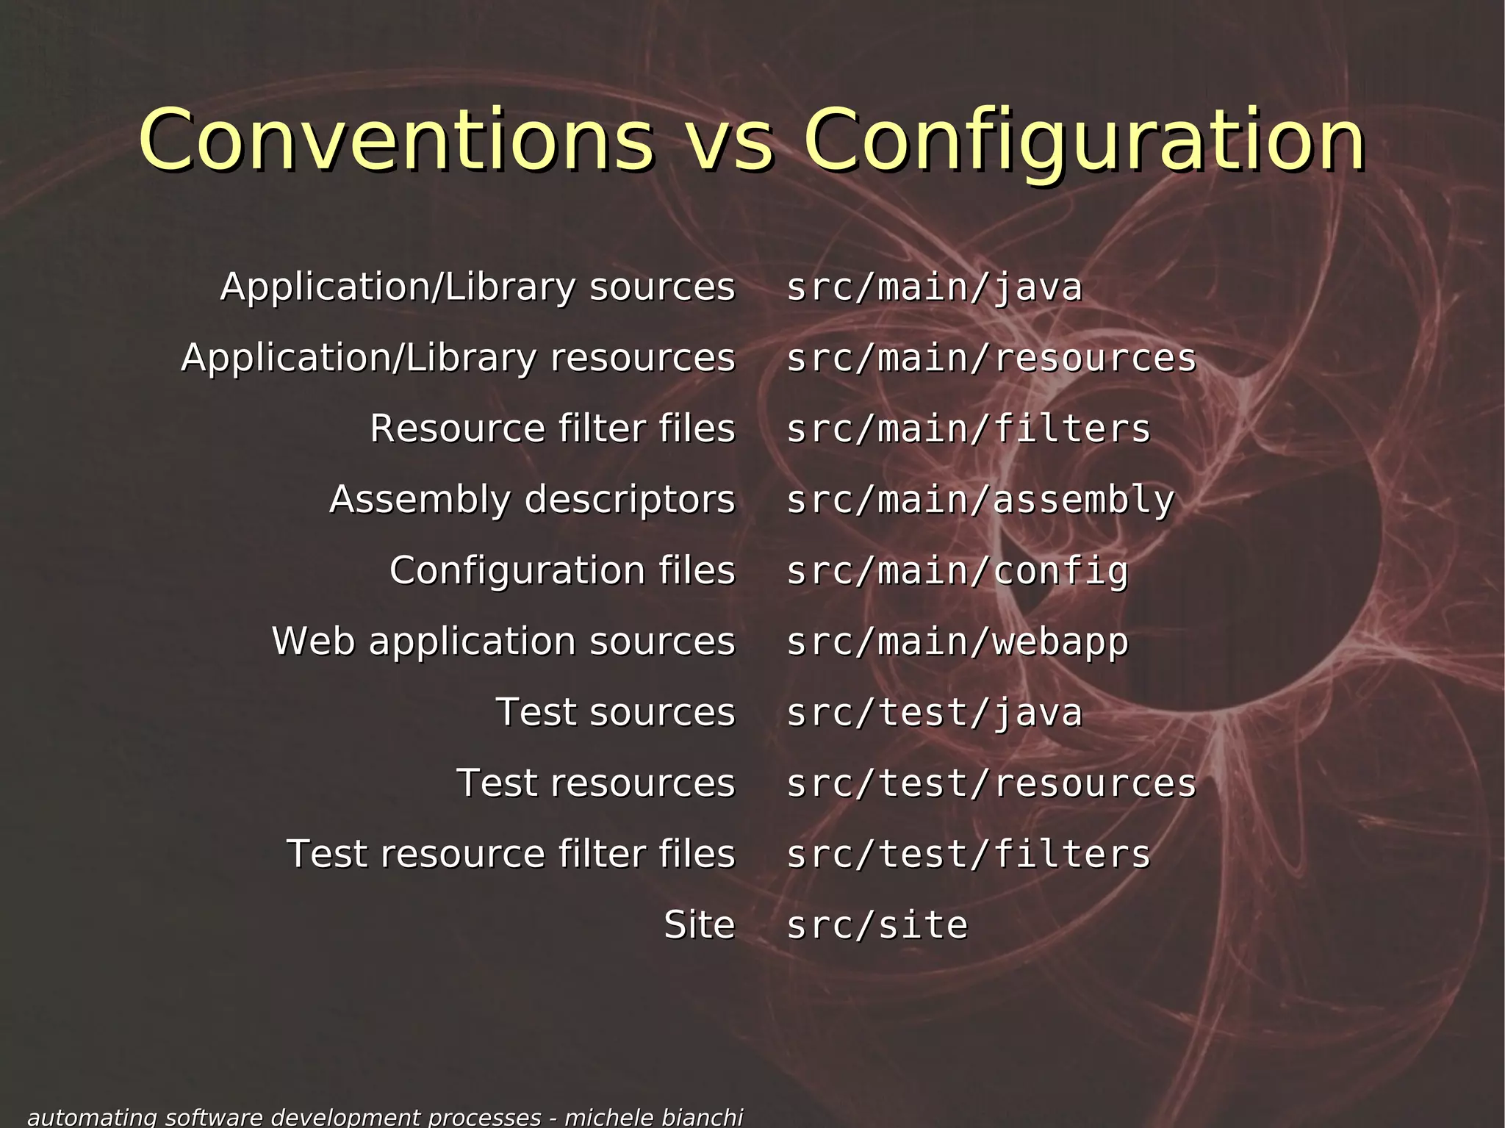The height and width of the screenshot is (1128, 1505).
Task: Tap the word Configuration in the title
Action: (1085, 140)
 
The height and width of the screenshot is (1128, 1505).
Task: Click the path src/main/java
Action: (934, 287)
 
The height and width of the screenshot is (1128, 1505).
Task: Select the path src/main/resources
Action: (991, 358)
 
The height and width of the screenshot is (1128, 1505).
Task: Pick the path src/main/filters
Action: (968, 428)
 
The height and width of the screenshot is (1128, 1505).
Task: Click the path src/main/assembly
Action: (980, 500)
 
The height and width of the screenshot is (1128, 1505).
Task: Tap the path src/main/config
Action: (957, 571)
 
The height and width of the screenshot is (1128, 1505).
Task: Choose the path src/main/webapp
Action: (957, 642)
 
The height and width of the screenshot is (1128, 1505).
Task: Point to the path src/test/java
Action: (934, 712)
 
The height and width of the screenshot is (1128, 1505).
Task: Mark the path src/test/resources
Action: (991, 783)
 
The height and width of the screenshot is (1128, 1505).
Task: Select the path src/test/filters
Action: (968, 854)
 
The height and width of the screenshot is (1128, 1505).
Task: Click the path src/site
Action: (877, 924)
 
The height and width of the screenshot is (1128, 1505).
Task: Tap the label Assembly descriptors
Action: (532, 500)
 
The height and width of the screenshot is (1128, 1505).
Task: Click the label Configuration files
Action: (562, 570)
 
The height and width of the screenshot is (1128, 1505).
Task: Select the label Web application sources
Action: (503, 641)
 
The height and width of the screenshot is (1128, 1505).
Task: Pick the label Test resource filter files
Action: (511, 854)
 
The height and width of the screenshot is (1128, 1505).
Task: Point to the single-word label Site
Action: (699, 924)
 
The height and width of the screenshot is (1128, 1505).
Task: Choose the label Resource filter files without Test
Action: (552, 428)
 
